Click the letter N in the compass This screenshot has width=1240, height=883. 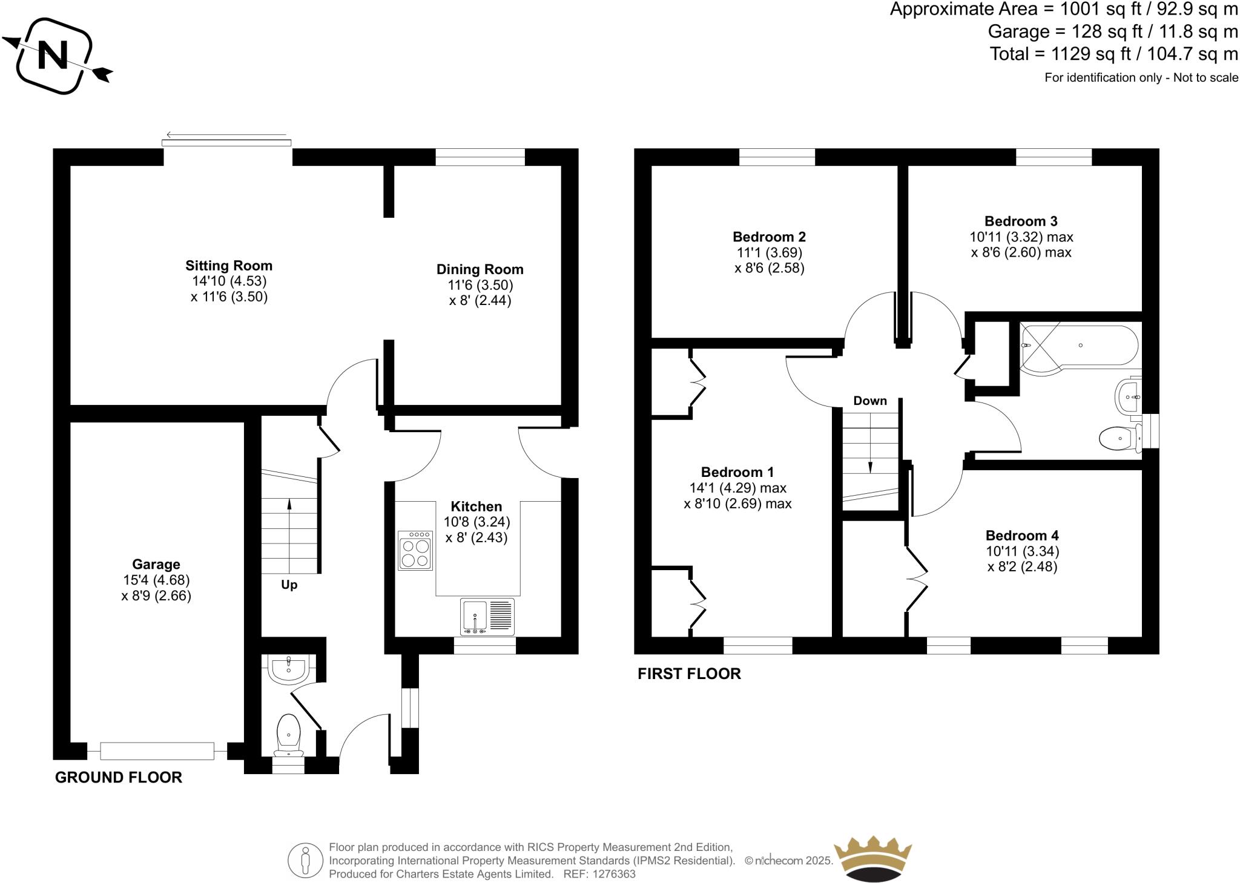53,55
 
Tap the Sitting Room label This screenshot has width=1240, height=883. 229,266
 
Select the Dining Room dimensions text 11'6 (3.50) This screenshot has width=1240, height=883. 480,285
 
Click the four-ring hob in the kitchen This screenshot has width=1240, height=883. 415,551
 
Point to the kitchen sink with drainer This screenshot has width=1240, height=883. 487,617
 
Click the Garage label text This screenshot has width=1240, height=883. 156,564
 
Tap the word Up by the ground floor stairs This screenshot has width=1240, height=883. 289,585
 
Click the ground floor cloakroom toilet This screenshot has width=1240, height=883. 288,734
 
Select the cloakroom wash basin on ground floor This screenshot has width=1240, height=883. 289,669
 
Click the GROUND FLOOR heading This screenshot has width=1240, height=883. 119,778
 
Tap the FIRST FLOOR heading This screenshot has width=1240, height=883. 689,674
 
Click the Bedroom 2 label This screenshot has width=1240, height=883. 769,237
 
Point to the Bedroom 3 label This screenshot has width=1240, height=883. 1021,221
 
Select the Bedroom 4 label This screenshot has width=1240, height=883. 1022,535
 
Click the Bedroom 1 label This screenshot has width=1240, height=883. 737,472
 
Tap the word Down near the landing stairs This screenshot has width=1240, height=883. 870,401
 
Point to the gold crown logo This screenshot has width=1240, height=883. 872,859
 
